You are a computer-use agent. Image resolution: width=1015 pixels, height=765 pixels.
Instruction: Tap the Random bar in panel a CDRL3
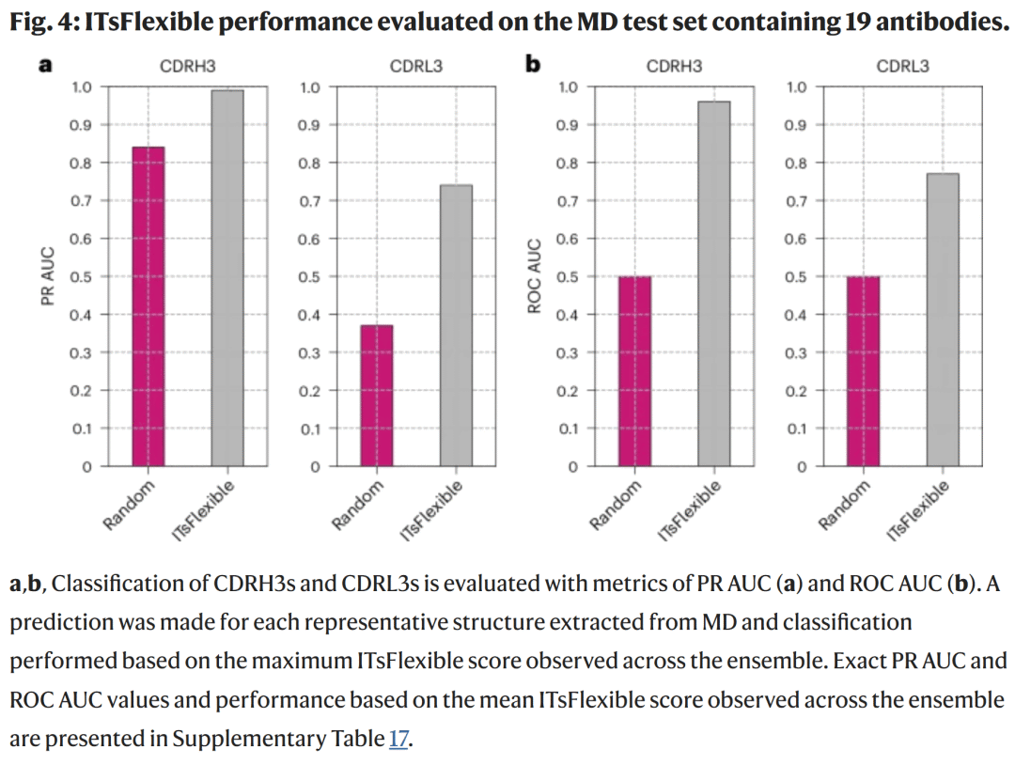tap(377, 396)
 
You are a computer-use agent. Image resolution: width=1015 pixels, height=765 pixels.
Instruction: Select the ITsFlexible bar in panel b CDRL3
tap(943, 320)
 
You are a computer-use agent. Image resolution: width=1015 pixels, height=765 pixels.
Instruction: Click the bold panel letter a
tap(43, 65)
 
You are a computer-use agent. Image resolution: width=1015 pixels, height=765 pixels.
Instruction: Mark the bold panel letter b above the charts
tap(533, 65)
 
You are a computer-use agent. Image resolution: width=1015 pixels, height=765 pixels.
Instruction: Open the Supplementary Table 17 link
tap(398, 739)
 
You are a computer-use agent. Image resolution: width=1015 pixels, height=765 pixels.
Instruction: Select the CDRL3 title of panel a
tap(416, 66)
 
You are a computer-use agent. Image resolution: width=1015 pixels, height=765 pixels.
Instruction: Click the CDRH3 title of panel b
tap(674, 66)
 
